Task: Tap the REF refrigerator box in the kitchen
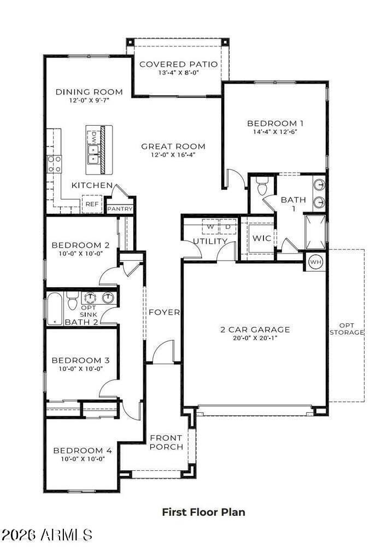tap(91, 204)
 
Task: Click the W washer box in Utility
tap(209, 226)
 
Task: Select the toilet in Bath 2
tap(72, 301)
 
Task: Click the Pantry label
tap(120, 209)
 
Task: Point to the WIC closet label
tap(261, 238)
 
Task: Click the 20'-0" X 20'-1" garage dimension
tap(255, 338)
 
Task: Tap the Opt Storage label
tap(350, 329)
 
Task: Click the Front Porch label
tap(166, 442)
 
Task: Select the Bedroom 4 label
tap(83, 451)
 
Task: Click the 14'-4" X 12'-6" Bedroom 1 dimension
tap(275, 132)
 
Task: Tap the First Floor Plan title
tap(203, 512)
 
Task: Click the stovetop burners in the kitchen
tap(55, 164)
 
